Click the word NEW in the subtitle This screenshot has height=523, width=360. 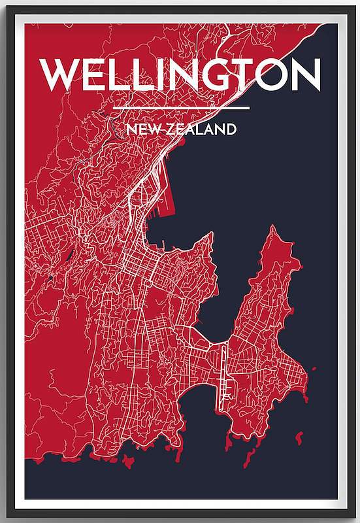(x=144, y=129)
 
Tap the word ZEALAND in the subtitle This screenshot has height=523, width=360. (x=201, y=129)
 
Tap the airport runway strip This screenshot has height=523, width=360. (x=222, y=373)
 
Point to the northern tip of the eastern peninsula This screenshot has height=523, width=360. (x=270, y=228)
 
